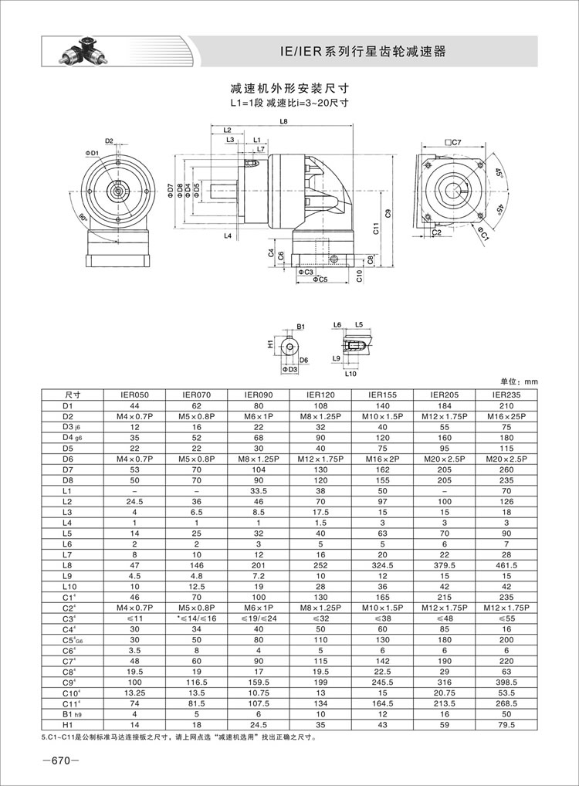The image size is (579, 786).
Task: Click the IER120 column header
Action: [x=319, y=394]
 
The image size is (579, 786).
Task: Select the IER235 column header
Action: [x=506, y=394]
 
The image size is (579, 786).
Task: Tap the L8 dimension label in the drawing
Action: [x=284, y=122]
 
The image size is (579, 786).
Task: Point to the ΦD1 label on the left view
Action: [x=92, y=154]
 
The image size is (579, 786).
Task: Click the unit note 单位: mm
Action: [x=517, y=381]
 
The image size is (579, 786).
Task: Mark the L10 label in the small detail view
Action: [x=350, y=373]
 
